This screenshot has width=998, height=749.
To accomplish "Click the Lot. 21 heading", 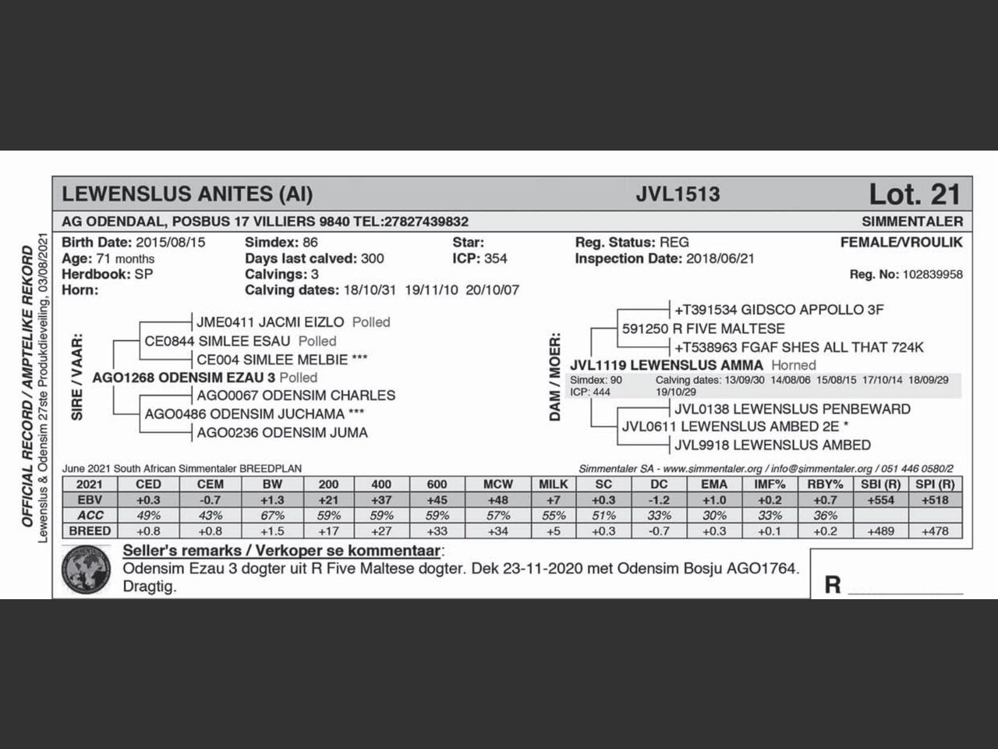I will [x=915, y=193].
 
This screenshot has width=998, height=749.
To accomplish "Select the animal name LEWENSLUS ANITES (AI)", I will [x=187, y=194].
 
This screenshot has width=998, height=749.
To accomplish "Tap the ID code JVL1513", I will [x=678, y=194].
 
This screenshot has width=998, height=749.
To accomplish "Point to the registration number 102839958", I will [x=932, y=275].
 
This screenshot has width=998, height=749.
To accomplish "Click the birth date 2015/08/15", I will [x=171, y=243].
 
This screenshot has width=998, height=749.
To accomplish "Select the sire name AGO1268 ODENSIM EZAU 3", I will [x=183, y=378].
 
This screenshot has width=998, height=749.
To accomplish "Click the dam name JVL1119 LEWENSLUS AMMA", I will [x=667, y=365].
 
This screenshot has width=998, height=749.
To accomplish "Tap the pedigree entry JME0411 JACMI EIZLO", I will [x=270, y=322].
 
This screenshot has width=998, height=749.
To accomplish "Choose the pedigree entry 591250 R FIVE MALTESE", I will [x=703, y=329].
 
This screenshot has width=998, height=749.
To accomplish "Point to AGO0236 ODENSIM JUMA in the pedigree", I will [x=282, y=433].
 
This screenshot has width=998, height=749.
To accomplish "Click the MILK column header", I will [x=553, y=485].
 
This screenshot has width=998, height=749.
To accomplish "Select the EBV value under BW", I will [x=273, y=500].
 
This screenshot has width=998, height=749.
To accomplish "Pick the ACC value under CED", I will [x=148, y=516].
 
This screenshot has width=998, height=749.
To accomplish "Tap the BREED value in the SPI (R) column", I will [x=936, y=531].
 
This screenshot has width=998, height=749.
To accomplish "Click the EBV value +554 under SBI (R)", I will [x=880, y=500].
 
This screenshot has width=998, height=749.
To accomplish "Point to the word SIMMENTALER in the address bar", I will [x=912, y=222].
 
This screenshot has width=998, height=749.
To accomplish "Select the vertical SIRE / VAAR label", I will [x=77, y=378].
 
